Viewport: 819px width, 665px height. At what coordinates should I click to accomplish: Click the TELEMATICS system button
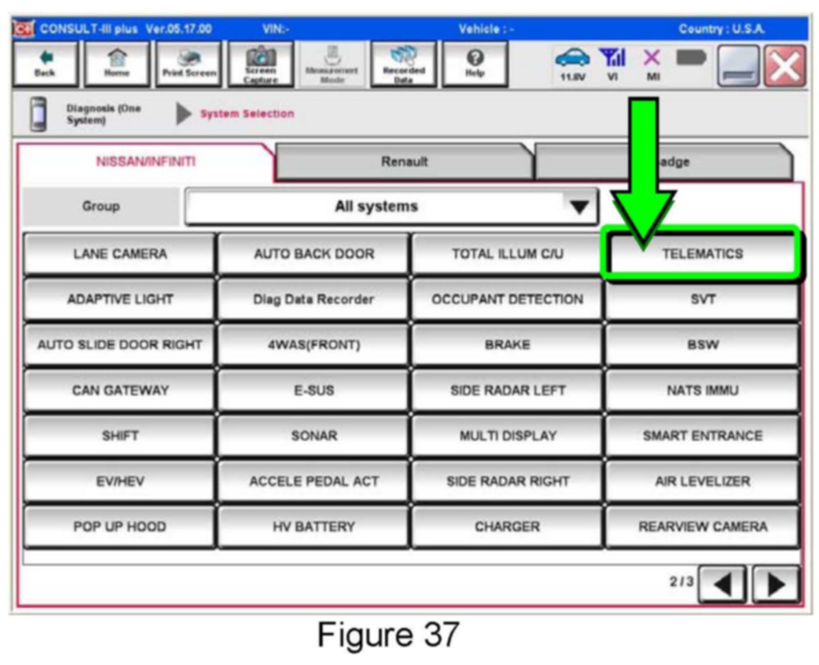(702, 254)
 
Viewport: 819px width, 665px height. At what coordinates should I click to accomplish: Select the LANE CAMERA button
(119, 254)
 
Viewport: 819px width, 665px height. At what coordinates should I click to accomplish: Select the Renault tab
(405, 163)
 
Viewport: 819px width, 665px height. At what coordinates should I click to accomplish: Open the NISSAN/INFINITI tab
(146, 163)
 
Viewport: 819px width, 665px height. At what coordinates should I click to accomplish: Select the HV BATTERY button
(313, 527)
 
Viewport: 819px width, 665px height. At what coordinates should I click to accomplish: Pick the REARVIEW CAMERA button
(702, 527)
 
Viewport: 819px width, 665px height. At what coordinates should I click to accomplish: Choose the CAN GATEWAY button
(119, 390)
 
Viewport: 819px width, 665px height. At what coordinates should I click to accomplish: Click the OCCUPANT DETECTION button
(507, 299)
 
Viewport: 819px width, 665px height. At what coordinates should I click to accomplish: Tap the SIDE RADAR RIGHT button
(507, 482)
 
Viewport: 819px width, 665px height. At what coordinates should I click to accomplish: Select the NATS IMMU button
(702, 390)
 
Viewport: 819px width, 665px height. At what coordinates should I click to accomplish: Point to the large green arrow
(643, 178)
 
